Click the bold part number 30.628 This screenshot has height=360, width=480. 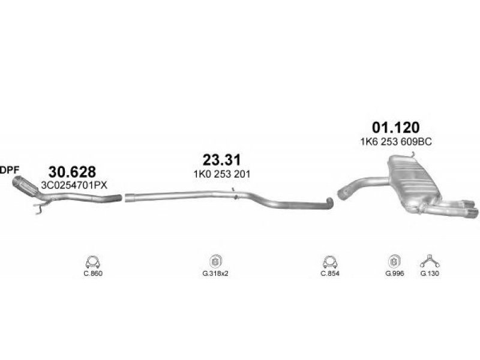pos(72,172)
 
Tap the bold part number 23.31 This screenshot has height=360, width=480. pos(221,160)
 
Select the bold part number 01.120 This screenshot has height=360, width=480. pos(395,127)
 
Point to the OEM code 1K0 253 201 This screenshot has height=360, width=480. pos(221,174)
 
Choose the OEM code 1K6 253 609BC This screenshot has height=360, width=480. pos(396,142)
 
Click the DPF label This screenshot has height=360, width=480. pos(10,170)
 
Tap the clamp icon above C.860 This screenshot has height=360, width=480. pos(93,262)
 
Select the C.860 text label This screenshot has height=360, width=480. pos(93,274)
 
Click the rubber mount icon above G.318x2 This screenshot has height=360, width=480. pos(215,262)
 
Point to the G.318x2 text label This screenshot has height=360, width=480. pos(215,274)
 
